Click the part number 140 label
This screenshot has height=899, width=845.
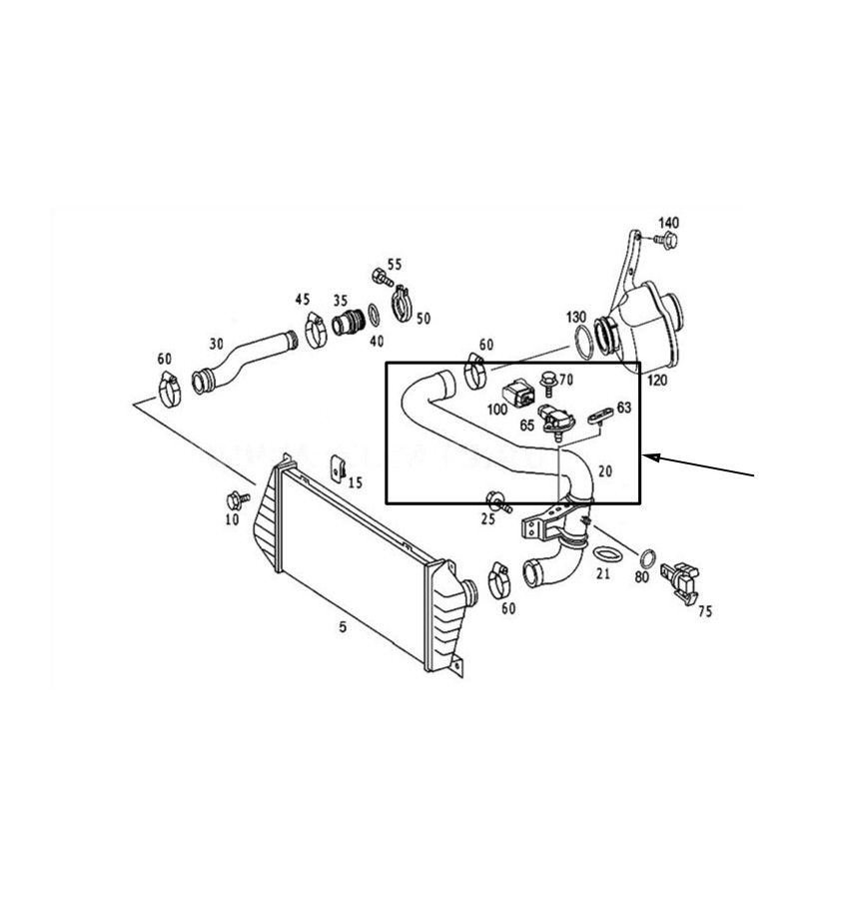point(668,223)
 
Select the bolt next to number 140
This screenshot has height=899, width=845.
point(666,240)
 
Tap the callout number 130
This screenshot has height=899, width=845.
point(576,317)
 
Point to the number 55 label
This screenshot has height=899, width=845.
point(395,265)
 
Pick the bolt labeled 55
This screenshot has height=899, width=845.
point(382,278)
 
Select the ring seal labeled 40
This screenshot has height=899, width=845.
point(374,316)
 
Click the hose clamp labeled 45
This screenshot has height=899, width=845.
point(316,331)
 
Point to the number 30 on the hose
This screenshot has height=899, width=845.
point(216,344)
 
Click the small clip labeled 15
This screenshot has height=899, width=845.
point(339,468)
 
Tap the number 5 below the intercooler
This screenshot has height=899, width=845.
point(343,626)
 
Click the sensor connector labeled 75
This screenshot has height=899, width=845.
point(680,580)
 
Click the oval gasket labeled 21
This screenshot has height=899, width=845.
point(606,554)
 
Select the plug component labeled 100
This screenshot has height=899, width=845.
point(518,394)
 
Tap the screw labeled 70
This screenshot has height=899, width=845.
point(548,383)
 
